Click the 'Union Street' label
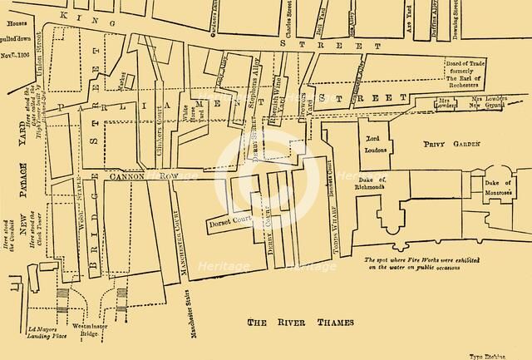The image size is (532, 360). [x=38, y=67]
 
